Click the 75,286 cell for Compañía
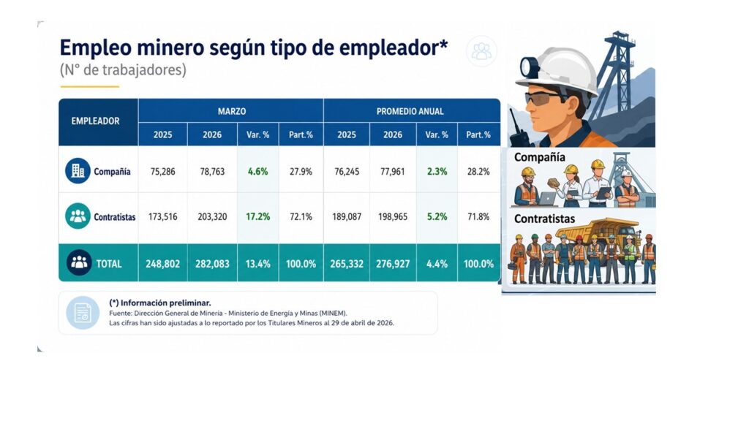[162, 171]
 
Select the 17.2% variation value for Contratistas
[258, 216]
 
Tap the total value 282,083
[212, 263]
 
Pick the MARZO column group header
[232, 111]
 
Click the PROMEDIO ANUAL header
[410, 111]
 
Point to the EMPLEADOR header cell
[96, 121]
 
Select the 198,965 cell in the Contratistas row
[393, 216]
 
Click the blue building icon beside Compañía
[78, 171]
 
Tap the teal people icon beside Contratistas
[78, 216]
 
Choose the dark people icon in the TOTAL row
[79, 262]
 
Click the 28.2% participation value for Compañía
[478, 171]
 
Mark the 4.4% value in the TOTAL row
[437, 263]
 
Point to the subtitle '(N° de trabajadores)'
[123, 69]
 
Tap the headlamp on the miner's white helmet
[529, 67]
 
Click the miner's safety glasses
[543, 99]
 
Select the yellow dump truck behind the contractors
[598, 233]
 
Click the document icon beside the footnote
[83, 313]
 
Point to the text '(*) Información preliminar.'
[160, 303]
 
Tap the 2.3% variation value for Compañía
[437, 171]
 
